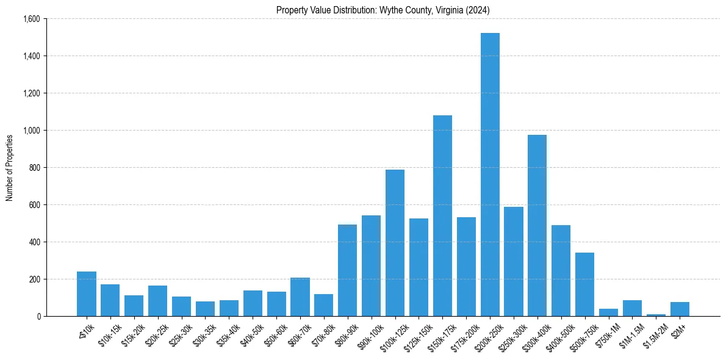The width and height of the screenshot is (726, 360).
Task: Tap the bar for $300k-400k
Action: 537,225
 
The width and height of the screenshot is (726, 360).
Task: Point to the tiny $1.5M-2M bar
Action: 656,315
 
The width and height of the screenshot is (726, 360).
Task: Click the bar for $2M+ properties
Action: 680,309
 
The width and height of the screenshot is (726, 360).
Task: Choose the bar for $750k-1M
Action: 608,312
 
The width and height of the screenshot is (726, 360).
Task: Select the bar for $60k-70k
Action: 300,297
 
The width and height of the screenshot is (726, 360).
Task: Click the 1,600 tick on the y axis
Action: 31,19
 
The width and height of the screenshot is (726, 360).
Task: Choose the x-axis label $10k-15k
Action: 108,331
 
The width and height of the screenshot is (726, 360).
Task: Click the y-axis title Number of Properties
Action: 10,168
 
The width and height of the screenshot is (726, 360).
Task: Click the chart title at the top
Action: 383,10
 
